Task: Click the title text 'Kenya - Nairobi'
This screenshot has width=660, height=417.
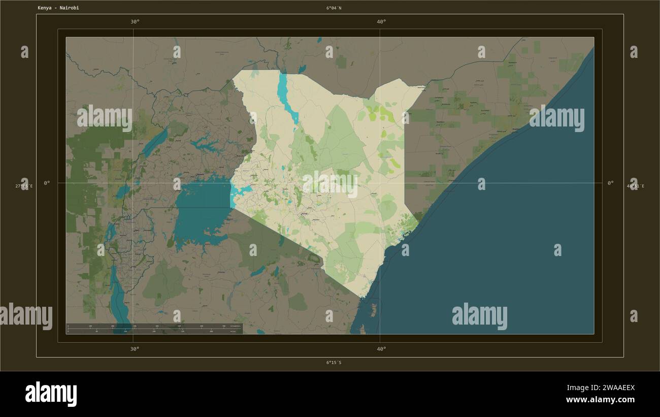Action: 58,8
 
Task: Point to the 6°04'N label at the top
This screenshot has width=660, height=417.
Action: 334,8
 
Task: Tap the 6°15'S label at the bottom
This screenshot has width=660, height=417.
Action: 334,363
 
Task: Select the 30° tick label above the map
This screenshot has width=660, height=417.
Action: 135,22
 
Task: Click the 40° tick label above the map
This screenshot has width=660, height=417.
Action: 381,22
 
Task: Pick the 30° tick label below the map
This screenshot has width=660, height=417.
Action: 135,349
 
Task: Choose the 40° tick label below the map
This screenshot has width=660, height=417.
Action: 381,349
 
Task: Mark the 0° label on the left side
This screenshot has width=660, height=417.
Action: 47,183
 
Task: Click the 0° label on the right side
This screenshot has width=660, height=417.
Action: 610,183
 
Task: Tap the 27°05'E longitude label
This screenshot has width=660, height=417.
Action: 24,186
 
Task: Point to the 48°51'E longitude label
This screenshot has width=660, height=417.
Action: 635,186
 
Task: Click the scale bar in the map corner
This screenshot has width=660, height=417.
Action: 154,329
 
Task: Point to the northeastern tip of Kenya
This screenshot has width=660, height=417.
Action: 422,87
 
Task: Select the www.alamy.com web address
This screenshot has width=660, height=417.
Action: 600,400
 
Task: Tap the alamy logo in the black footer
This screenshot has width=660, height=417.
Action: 51,394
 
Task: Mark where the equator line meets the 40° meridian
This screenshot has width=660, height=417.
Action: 380,183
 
